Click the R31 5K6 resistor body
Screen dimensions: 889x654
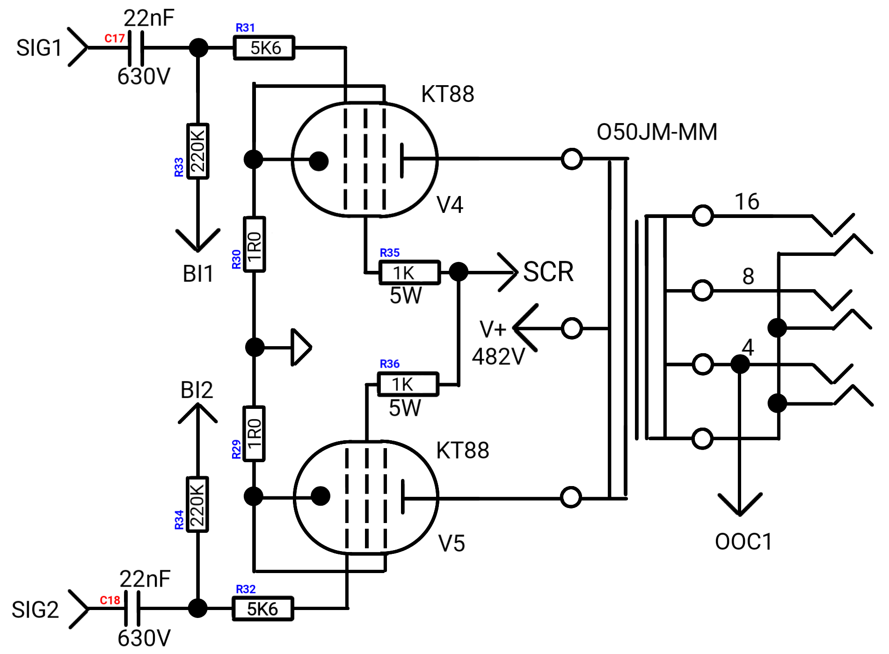click(264, 48)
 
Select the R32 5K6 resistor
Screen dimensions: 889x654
click(263, 609)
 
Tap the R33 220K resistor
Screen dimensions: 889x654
click(198, 151)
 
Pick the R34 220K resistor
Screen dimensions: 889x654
click(197, 504)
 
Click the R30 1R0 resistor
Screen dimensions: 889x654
click(255, 244)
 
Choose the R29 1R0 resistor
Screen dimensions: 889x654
click(254, 434)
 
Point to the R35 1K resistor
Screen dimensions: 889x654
click(410, 272)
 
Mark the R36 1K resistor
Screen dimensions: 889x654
click(408, 384)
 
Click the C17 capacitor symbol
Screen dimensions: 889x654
click(136, 48)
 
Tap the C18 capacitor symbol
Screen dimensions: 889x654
click(132, 608)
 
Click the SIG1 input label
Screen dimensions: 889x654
click(39, 48)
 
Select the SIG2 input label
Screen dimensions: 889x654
click(36, 610)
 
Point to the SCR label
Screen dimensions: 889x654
click(548, 272)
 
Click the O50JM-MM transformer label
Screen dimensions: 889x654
click(657, 132)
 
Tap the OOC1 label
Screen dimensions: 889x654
click(743, 542)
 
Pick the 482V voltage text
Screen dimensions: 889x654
click(499, 356)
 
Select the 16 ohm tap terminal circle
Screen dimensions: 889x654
click(702, 216)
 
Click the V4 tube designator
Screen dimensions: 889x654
click(450, 204)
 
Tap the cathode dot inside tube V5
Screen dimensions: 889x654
click(321, 496)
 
